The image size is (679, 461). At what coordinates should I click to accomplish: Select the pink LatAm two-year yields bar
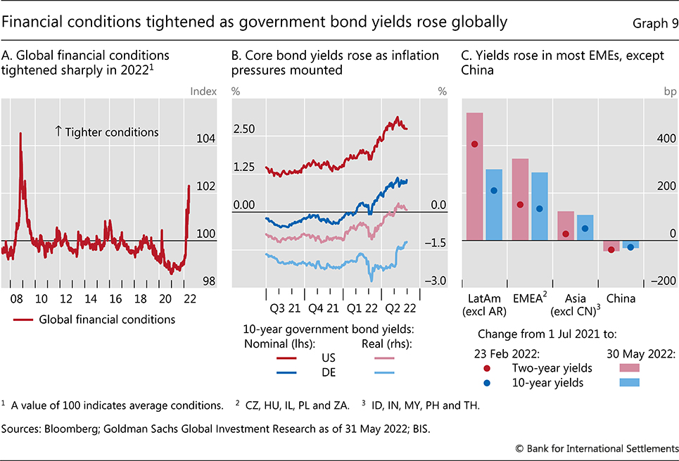click(x=474, y=176)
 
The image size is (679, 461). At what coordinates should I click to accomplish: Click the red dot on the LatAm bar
click(x=474, y=144)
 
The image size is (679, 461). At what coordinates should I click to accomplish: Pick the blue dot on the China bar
click(x=630, y=247)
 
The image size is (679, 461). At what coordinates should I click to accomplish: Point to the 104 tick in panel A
click(x=205, y=139)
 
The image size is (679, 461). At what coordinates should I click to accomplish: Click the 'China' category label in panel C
click(x=621, y=298)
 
